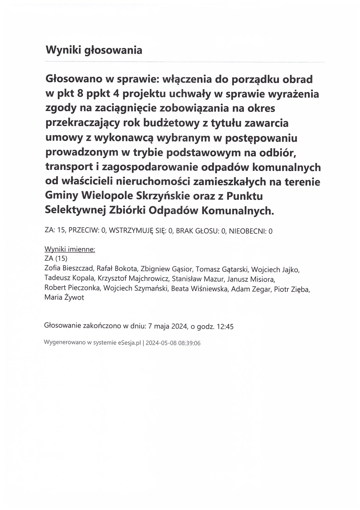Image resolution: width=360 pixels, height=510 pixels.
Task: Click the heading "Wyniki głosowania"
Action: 94,50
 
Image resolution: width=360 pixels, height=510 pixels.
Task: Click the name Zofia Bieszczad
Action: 69,268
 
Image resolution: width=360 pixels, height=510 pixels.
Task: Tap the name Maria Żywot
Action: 64,298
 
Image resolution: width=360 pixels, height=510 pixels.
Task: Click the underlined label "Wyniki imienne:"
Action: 70,249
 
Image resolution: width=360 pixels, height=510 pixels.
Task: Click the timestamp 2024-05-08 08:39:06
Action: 173,343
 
